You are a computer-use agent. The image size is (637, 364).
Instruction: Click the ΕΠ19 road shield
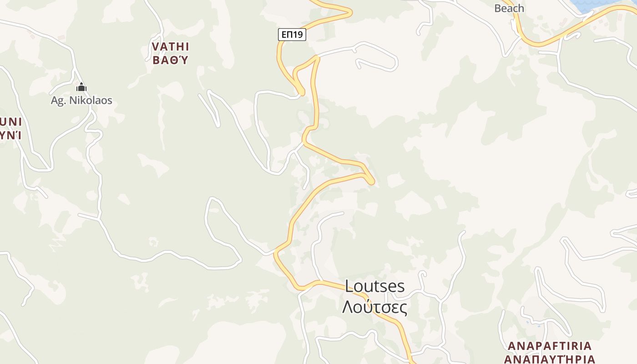coord(292,35)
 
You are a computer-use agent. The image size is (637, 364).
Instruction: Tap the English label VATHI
coord(171,46)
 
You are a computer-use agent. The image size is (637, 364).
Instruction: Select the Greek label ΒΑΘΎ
coord(170,60)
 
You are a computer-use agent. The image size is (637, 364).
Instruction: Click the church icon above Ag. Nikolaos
coord(81,87)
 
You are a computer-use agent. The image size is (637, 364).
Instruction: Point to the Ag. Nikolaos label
coord(81,101)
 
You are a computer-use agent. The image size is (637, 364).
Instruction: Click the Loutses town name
coord(374,286)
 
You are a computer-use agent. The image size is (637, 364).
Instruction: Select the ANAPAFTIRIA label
coord(550,346)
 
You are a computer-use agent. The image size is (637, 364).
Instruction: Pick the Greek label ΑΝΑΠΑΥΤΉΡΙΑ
coord(550,359)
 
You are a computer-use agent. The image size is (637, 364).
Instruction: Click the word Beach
coord(509,8)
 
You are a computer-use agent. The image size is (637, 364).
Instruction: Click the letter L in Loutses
coord(349,286)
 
